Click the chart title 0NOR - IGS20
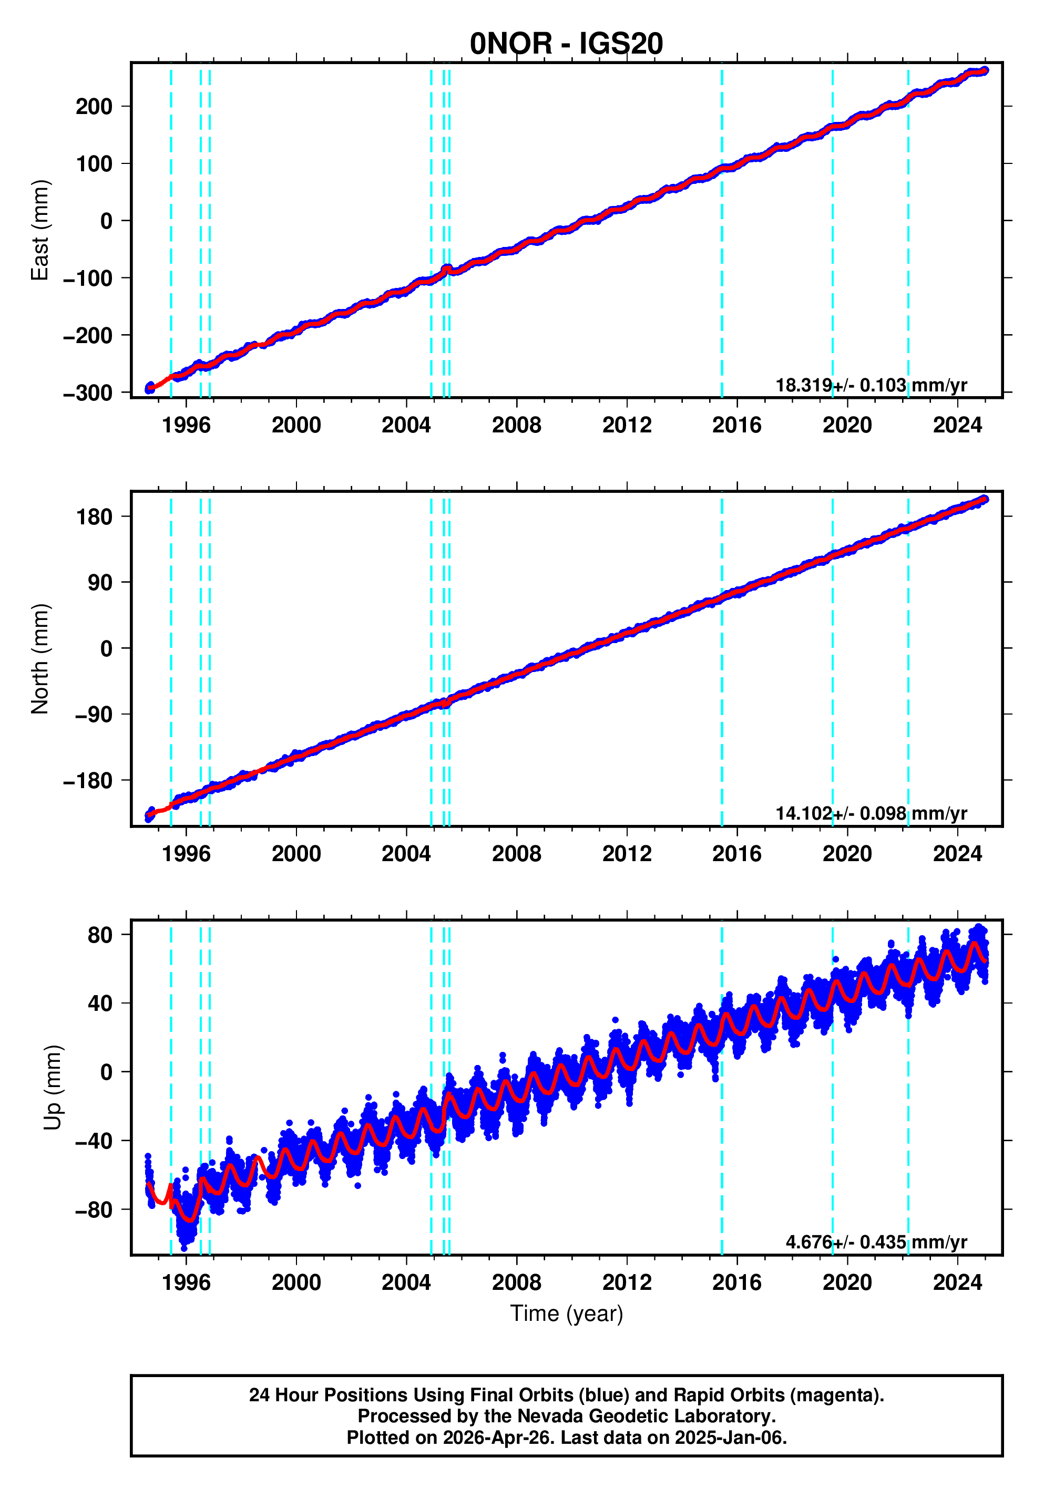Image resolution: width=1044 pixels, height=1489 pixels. [566, 44]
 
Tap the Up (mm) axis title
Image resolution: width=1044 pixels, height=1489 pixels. [52, 1088]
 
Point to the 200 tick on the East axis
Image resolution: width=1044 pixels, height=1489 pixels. [94, 106]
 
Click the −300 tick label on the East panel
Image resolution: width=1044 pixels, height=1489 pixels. [88, 393]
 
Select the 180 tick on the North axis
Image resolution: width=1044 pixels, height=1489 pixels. [94, 517]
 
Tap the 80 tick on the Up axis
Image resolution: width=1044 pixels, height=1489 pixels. [100, 935]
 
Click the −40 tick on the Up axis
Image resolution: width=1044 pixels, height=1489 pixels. [94, 1141]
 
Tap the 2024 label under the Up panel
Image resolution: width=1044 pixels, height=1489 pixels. [957, 1283]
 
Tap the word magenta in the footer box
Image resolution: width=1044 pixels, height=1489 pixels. [842, 1394]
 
